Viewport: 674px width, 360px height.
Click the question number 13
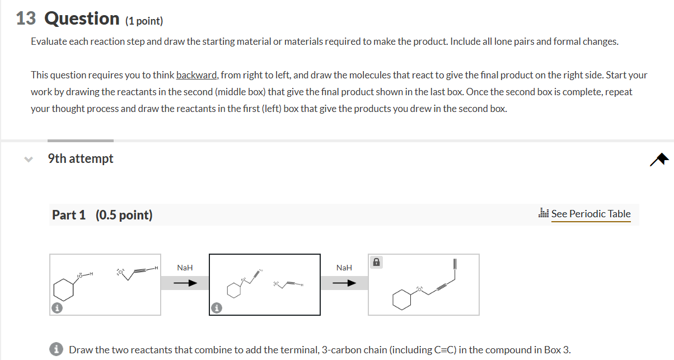26,19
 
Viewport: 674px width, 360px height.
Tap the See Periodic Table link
591,213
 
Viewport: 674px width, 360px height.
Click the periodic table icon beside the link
543,213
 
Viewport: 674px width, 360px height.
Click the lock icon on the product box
377,262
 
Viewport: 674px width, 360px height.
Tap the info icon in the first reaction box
57,307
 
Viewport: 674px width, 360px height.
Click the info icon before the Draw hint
57,350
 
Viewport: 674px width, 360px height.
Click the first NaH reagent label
185,268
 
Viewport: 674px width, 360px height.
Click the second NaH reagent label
344,268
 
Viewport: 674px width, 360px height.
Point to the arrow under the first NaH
185,283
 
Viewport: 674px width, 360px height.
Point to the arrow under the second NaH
344,283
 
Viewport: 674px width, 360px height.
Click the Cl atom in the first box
119,273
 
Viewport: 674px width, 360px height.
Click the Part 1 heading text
69,215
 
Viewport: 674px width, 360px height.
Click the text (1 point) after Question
144,21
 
